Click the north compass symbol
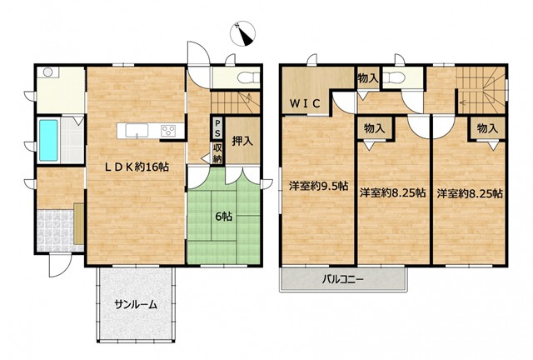[x=242, y=33]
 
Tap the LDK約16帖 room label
[x=136, y=167]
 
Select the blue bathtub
[x=48, y=140]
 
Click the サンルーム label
[x=136, y=304]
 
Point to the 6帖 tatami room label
[x=224, y=217]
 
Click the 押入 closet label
[x=242, y=141]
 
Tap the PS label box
[x=217, y=128]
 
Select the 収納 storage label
[x=217, y=153]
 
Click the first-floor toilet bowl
[x=248, y=78]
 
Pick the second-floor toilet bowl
[x=394, y=77]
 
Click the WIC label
[x=305, y=103]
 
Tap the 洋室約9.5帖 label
[x=318, y=186]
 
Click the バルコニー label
[x=343, y=280]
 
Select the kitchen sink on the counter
[x=137, y=131]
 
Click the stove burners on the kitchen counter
[x=168, y=131]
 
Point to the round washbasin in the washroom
[x=47, y=72]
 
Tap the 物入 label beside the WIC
[x=368, y=78]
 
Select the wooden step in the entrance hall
[x=78, y=223]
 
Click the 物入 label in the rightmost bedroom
[x=487, y=128]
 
